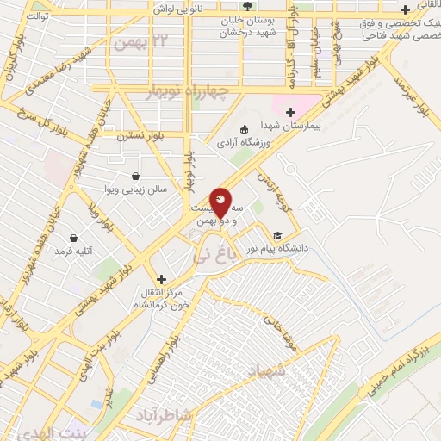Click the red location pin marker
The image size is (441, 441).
(220, 202)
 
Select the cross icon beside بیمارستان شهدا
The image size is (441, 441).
(290, 111)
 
